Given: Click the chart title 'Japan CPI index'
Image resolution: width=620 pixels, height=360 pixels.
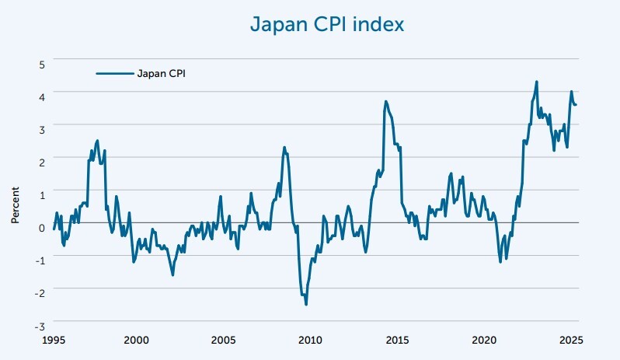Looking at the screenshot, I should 326,25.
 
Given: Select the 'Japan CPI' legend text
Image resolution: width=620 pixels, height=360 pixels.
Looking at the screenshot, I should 162,74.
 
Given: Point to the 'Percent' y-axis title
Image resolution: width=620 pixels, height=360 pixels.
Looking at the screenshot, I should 15,206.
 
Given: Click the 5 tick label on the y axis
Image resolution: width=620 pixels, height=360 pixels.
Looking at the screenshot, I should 42,61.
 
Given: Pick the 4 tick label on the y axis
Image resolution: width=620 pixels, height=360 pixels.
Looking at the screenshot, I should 42,94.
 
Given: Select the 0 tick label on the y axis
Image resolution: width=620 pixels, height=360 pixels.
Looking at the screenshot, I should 42,226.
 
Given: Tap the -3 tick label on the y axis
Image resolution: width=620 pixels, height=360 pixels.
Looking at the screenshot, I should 40,324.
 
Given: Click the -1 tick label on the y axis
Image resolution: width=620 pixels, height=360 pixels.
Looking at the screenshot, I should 40,259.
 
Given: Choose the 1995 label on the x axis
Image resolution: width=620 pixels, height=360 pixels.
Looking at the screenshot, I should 54,340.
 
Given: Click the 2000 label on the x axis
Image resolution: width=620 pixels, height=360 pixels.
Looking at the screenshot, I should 136,340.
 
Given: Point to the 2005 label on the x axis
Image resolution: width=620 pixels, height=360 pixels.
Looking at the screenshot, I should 223,340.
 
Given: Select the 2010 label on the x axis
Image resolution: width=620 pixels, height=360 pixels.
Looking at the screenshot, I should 310,340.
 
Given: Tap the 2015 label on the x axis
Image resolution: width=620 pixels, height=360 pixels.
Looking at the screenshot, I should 397,340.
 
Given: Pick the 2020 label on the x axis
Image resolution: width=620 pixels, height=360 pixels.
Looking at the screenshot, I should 484,340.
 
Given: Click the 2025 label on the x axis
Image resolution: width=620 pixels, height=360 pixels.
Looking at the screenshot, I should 571,340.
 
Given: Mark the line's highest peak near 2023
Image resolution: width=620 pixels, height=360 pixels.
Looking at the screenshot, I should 536,82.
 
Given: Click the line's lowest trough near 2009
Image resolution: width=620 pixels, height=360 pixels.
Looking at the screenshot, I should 306,304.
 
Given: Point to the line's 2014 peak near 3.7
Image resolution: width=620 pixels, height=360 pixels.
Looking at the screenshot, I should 385,102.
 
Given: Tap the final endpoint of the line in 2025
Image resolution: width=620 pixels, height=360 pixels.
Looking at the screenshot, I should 576,105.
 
